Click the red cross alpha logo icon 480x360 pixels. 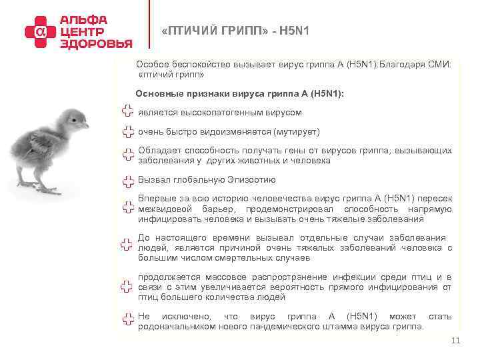(x=41, y=30)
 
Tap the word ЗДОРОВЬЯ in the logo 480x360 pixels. (x=96, y=43)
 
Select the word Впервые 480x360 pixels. (x=154, y=199)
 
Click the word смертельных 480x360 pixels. (x=248, y=257)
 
